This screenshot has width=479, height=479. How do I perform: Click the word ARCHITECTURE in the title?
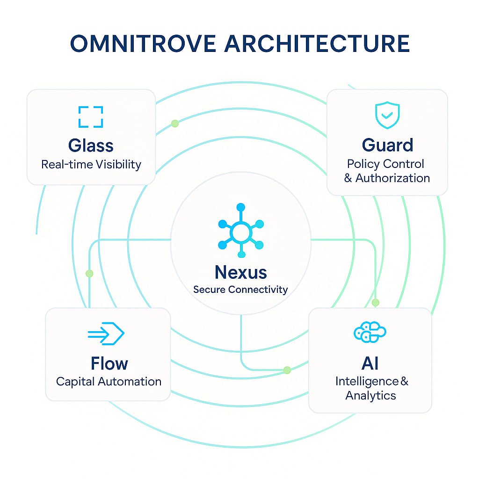tap(317, 44)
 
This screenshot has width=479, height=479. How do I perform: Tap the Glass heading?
tap(91, 145)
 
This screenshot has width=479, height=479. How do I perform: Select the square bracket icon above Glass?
tap(91, 117)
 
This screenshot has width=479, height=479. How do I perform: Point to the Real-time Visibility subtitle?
tap(91, 165)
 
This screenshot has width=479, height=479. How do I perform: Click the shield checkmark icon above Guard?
tap(387, 114)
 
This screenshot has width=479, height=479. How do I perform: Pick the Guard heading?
tap(387, 145)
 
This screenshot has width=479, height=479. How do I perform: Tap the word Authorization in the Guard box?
tap(393, 178)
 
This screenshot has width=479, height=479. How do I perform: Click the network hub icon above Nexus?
tap(241, 231)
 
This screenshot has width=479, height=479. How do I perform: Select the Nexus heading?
tap(240, 272)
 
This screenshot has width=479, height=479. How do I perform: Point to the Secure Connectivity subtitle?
tap(240, 290)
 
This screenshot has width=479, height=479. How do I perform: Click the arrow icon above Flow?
tap(106, 334)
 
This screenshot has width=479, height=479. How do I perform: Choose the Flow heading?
tap(109, 363)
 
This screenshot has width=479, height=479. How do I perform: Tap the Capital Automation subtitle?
tap(109, 381)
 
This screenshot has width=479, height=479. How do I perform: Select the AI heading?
tap(370, 363)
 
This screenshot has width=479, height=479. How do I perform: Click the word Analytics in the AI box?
tap(370, 396)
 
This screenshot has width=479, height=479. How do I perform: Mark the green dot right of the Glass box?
tap(175, 123)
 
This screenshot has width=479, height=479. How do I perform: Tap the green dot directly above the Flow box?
tap(89, 274)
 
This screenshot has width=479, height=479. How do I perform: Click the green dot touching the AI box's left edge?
tap(287, 370)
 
